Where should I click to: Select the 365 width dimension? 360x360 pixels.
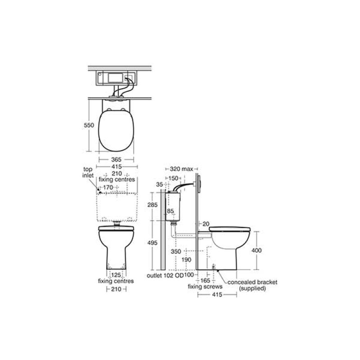116,159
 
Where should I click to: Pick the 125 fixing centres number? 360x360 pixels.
116,274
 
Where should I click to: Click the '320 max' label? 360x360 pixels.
181,169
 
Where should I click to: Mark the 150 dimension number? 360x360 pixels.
173,178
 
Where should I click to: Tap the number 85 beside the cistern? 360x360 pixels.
171,211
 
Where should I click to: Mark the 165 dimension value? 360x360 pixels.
207,280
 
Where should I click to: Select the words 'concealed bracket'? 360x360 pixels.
252,282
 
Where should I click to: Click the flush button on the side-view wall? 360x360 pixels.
196,184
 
